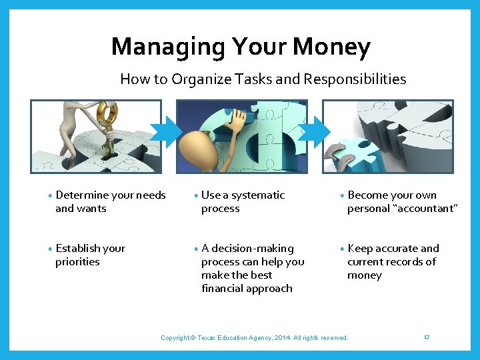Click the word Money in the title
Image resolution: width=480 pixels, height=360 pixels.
point(331,47)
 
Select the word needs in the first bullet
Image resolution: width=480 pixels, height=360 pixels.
point(151,195)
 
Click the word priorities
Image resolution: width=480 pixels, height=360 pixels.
point(77,262)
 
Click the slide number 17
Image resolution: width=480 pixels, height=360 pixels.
point(426,337)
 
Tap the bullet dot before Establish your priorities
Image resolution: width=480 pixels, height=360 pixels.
point(51,249)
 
